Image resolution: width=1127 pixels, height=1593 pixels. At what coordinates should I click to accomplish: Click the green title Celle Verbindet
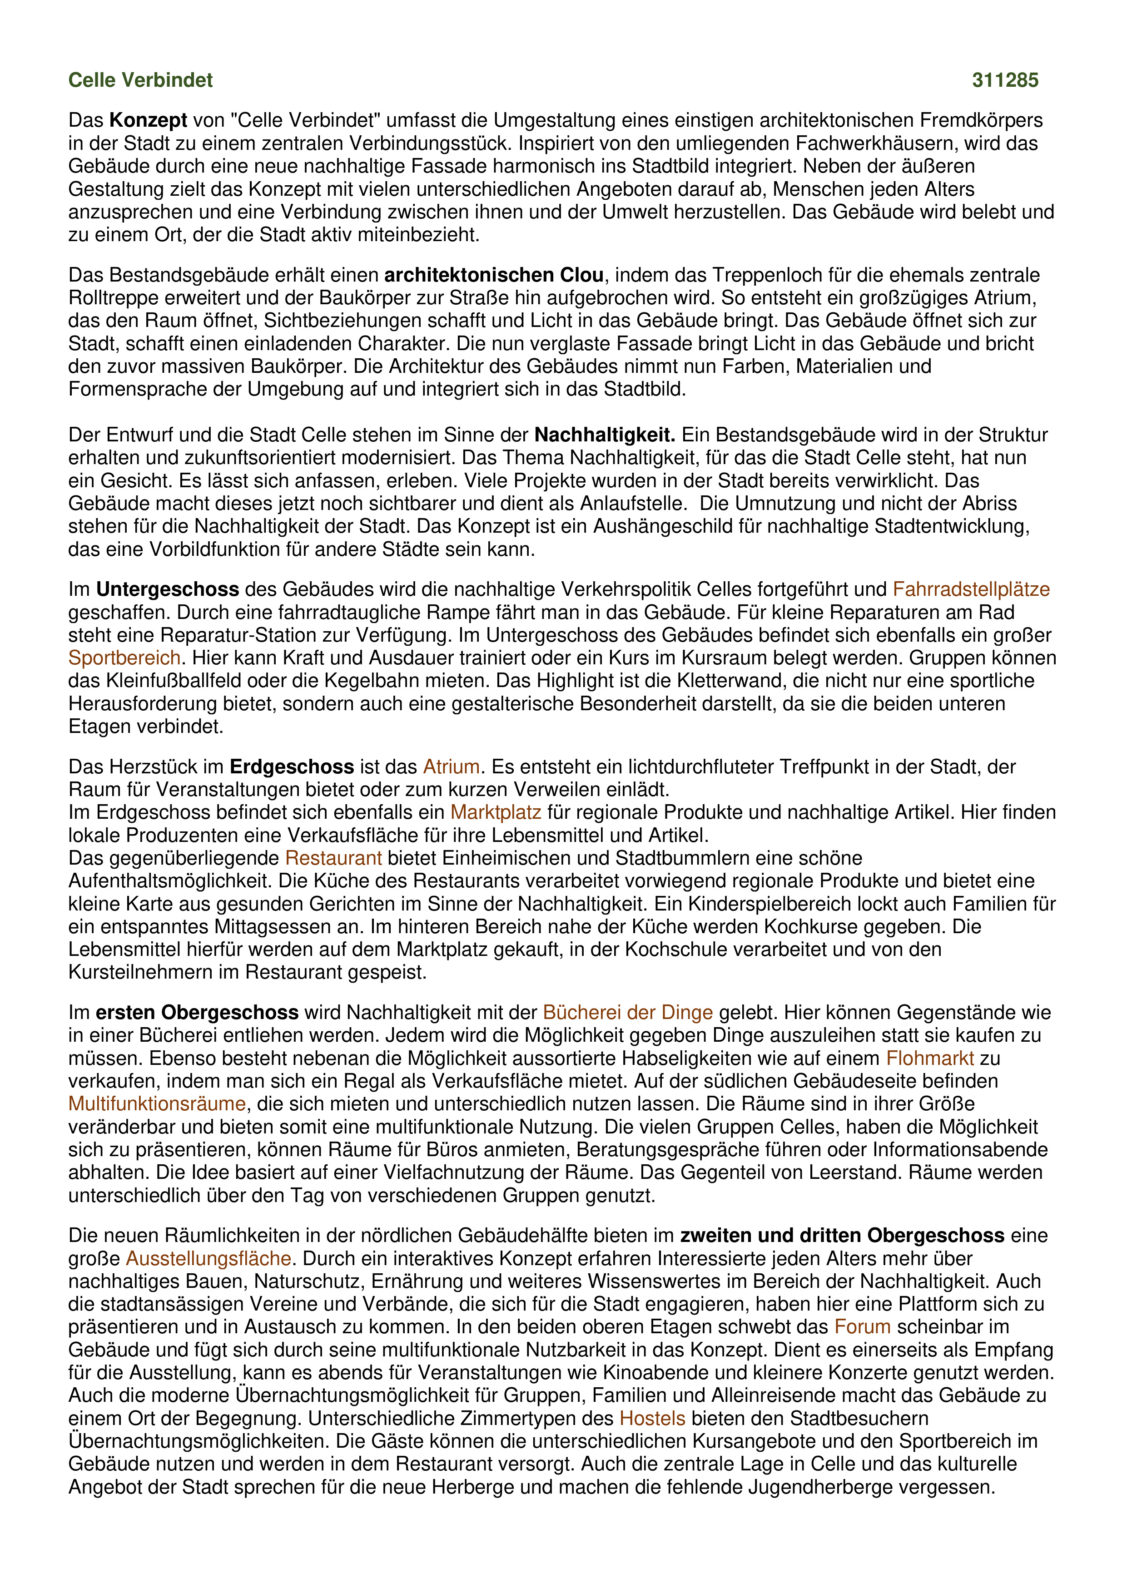pyautogui.click(x=140, y=80)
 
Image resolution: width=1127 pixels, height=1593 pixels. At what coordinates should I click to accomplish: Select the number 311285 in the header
pyautogui.click(x=1005, y=80)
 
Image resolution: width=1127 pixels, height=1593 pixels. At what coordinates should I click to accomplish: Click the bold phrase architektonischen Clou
pyautogui.click(x=493, y=276)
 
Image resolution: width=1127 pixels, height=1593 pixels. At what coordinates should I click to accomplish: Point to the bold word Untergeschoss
pyautogui.click(x=167, y=590)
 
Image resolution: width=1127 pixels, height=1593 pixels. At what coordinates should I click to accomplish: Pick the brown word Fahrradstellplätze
pyautogui.click(x=971, y=590)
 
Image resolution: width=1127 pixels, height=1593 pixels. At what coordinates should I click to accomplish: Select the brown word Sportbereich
pyautogui.click(x=124, y=658)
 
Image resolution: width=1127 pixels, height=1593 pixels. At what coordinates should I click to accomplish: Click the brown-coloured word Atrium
pyautogui.click(x=451, y=767)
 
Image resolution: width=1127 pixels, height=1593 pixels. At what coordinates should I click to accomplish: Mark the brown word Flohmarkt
pyautogui.click(x=930, y=1058)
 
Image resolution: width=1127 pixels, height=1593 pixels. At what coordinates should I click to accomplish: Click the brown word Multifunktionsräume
pyautogui.click(x=157, y=1104)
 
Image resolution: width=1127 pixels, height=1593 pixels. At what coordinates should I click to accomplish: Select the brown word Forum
pyautogui.click(x=862, y=1326)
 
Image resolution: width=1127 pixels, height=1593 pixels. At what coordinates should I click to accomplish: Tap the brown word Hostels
pyautogui.click(x=652, y=1418)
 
